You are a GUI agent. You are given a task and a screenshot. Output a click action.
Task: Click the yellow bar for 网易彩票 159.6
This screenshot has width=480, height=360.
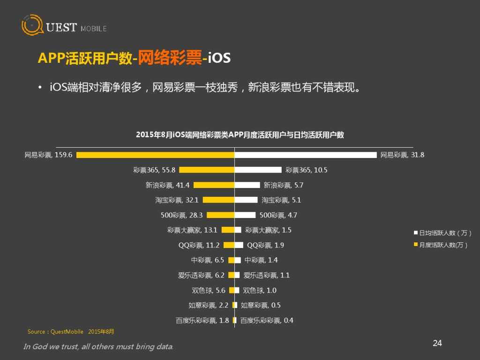click(x=155, y=155)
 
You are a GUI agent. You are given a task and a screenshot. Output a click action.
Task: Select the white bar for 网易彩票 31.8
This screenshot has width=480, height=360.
click(x=305, y=155)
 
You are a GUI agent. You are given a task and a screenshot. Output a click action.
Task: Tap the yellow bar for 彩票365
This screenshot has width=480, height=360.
click(x=207, y=170)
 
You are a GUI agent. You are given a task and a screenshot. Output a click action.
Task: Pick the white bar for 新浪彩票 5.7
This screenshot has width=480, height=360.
click(x=247, y=185)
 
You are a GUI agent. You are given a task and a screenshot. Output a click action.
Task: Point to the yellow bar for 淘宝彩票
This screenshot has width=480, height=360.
click(x=218, y=200)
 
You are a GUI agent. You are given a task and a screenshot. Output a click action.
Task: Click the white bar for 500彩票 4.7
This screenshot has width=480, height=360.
click(x=245, y=215)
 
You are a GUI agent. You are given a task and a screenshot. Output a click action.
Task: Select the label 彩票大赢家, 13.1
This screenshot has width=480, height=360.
click(x=192, y=230)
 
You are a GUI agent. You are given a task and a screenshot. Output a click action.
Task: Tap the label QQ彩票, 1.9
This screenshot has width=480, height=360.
click(x=265, y=245)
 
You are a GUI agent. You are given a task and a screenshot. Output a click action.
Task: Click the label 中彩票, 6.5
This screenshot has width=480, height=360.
click(x=207, y=260)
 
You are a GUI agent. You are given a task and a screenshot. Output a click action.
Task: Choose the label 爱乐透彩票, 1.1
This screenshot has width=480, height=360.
click(x=266, y=275)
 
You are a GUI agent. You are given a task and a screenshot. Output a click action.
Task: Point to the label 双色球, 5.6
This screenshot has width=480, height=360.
click(x=209, y=290)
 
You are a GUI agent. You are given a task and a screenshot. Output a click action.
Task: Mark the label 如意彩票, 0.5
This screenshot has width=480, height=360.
click(x=261, y=305)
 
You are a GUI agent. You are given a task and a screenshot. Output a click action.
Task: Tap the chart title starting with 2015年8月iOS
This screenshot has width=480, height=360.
click(x=240, y=135)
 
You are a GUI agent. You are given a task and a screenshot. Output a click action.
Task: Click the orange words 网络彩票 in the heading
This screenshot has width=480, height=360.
click(x=171, y=58)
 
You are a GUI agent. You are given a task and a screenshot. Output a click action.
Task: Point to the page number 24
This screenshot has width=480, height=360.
click(x=437, y=343)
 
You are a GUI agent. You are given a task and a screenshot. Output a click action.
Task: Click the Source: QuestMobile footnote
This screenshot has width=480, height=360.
click(x=71, y=332)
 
